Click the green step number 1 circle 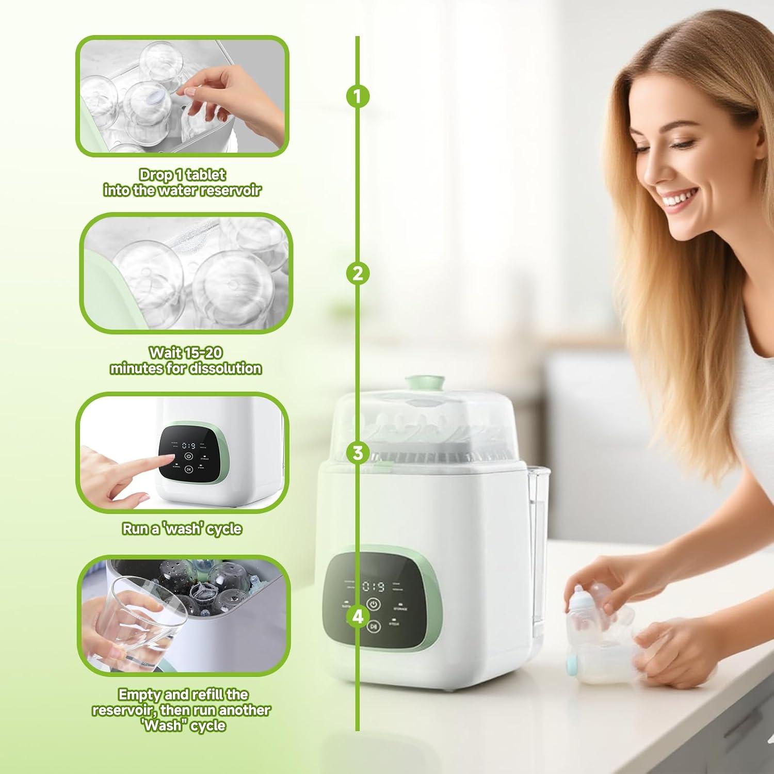pyautogui.click(x=358, y=96)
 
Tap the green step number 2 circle pyautogui.click(x=358, y=273)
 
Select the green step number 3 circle pyautogui.click(x=358, y=454)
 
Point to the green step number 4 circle pyautogui.click(x=358, y=617)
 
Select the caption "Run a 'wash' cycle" pyautogui.click(x=182, y=529)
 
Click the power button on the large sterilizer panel pyautogui.click(x=374, y=604)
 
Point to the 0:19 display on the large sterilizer pyautogui.click(x=373, y=587)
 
